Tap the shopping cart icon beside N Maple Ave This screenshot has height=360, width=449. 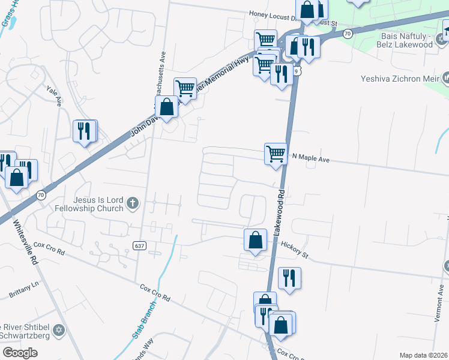[x=276, y=154]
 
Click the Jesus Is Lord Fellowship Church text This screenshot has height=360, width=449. [x=96, y=204]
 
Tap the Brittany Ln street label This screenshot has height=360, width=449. [x=23, y=290]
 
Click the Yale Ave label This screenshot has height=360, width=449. [x=55, y=95]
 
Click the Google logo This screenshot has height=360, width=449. [x=20, y=353]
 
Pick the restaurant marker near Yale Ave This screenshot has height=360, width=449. [x=84, y=131]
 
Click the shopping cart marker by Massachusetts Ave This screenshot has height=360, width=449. [x=185, y=88]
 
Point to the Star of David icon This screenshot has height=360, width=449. [x=58, y=330]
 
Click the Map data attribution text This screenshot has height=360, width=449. [x=423, y=355]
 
